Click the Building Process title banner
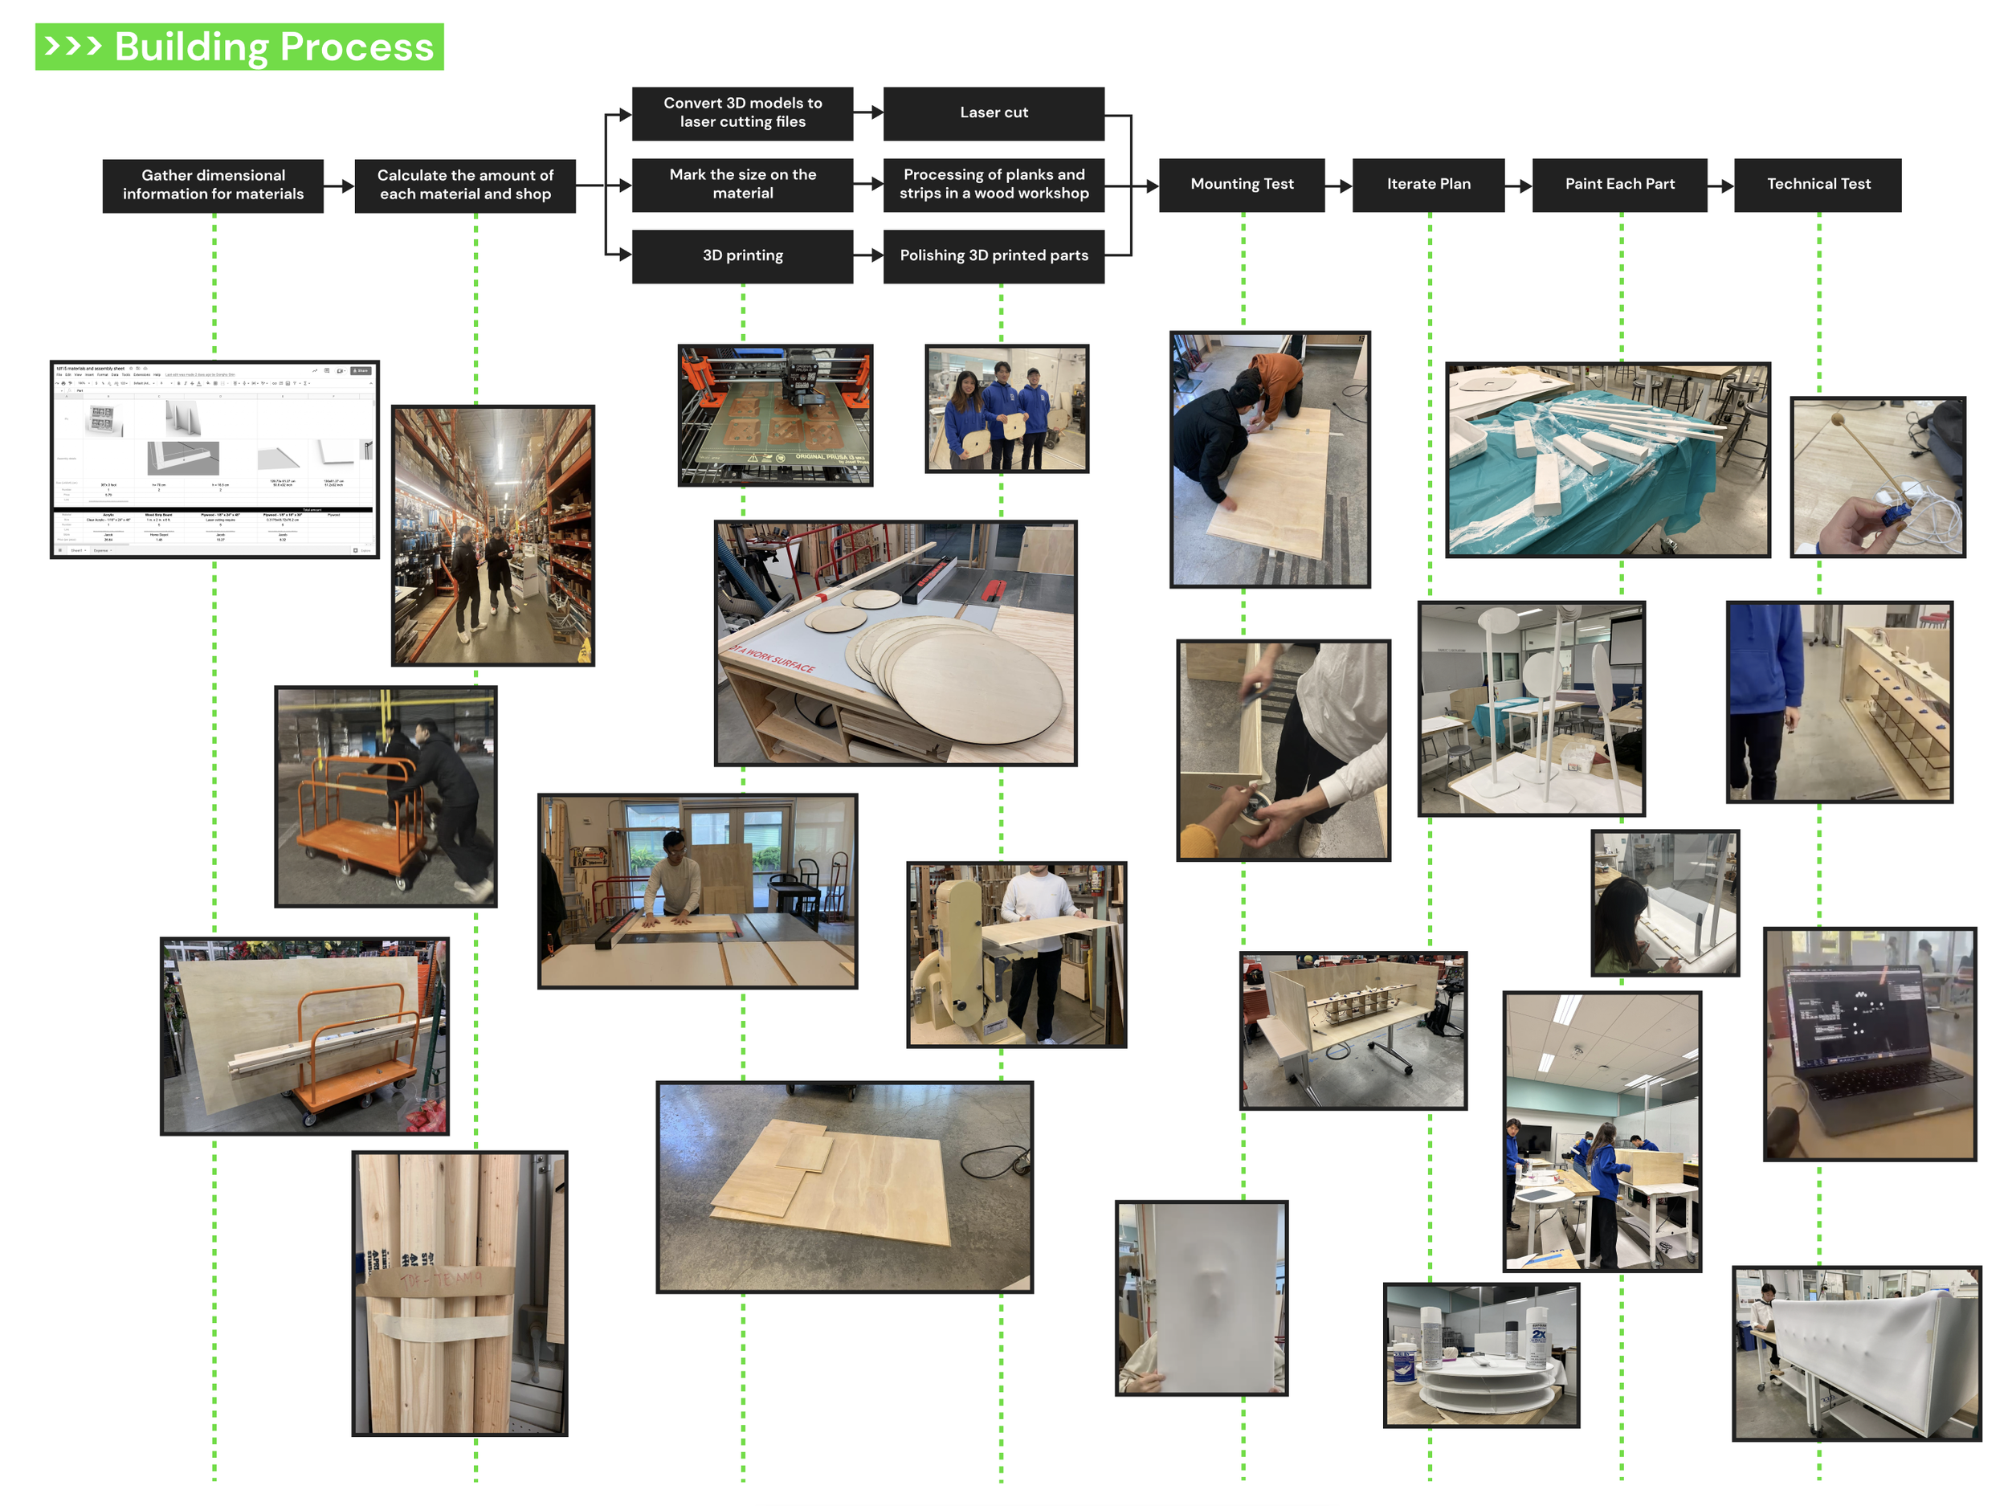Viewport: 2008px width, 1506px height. point(239,47)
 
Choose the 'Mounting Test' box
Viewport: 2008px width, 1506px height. point(1241,184)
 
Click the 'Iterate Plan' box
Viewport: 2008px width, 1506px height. point(1428,184)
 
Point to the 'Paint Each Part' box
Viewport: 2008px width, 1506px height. point(1618,184)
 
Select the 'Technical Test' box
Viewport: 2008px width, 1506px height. point(1818,184)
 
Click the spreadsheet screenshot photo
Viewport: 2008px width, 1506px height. point(214,459)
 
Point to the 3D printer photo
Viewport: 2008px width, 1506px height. point(774,415)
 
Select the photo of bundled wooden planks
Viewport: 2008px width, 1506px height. point(459,1294)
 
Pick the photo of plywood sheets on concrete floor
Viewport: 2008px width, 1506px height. point(844,1186)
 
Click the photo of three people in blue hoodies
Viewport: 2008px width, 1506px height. point(1006,409)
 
